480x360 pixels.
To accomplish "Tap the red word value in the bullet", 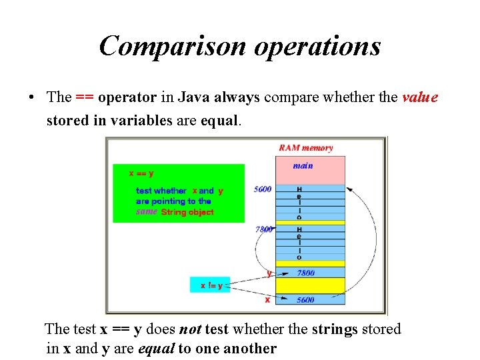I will pos(420,97).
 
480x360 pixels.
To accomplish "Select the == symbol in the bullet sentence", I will pos(84,97).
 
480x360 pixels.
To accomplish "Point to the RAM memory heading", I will pos(306,148).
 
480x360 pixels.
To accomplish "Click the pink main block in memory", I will pos(310,170).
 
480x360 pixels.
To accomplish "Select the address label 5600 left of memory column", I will pos(263,189).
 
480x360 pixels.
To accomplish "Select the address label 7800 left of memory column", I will pos(263,229).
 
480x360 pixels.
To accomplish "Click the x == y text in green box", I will pos(141,173).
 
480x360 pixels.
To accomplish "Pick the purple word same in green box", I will pos(147,212).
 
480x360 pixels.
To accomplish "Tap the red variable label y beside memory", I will pos(269,273).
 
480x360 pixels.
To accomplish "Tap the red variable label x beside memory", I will pos(267,300).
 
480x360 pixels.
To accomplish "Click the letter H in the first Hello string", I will pos(299,189).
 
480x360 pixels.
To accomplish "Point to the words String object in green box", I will pos(187,212).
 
